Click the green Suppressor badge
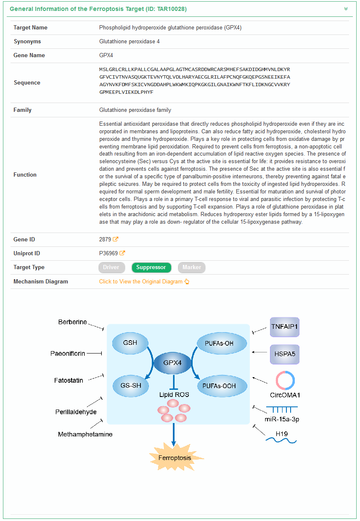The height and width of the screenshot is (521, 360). [151, 267]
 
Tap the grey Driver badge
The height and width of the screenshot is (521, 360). [111, 267]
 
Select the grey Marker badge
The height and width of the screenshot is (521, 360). [191, 267]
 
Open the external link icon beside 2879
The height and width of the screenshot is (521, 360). [116, 239]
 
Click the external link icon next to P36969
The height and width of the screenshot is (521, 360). [122, 253]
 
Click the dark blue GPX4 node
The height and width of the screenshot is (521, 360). [172, 362]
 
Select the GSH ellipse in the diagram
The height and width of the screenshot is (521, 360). [130, 343]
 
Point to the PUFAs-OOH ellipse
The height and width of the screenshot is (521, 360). [219, 386]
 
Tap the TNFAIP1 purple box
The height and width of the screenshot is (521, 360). [285, 327]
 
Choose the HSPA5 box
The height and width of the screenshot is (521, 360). [285, 354]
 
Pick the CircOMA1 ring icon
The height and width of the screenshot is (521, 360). [285, 381]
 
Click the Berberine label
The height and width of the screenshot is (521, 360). [72, 322]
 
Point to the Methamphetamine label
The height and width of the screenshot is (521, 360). [85, 434]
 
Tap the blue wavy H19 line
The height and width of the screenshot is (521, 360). [281, 440]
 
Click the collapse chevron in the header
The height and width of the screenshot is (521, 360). [346, 9]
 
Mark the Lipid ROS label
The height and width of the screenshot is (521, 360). [174, 395]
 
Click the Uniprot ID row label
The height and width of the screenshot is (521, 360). [27, 253]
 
